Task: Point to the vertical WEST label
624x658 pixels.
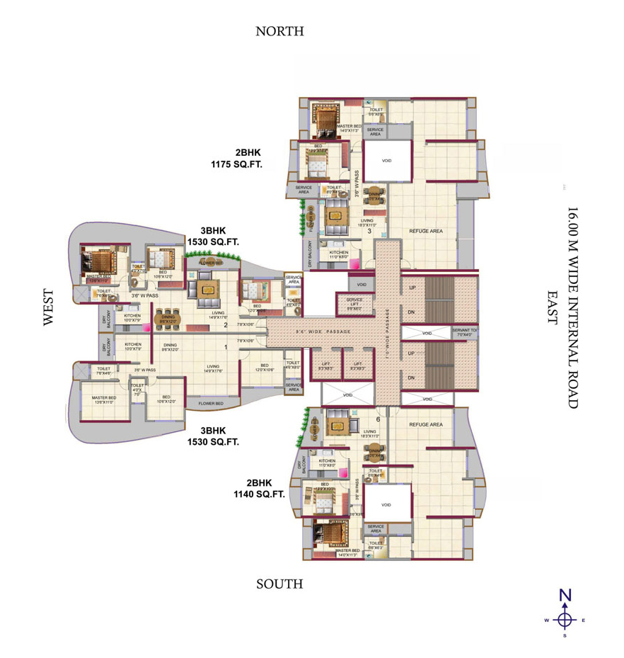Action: click(x=48, y=307)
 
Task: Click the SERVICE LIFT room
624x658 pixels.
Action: click(x=354, y=304)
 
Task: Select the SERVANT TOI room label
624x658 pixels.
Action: click(x=465, y=333)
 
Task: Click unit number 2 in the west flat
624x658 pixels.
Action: click(x=226, y=324)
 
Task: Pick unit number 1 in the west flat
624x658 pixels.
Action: click(x=226, y=347)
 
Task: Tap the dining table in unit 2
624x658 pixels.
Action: click(x=168, y=318)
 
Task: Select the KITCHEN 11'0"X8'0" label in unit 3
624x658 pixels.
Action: click(x=338, y=255)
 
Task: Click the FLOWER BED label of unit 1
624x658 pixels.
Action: click(x=210, y=404)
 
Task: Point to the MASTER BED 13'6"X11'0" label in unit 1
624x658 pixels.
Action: click(x=103, y=399)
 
